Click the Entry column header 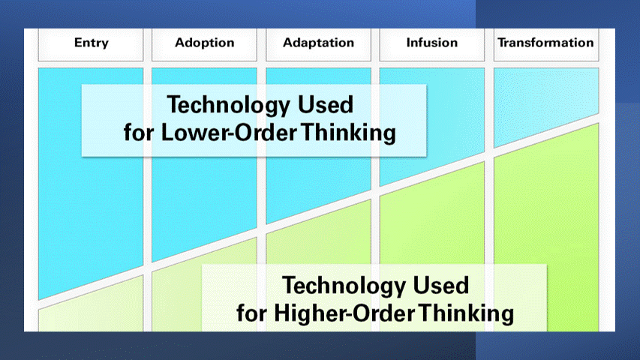pyautogui.click(x=91, y=43)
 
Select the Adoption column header pyautogui.click(x=205, y=43)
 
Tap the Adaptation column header pyautogui.click(x=318, y=43)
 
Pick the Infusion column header pyautogui.click(x=432, y=43)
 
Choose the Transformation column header pyautogui.click(x=545, y=43)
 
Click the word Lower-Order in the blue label pyautogui.click(x=229, y=132)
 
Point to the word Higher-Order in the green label pyautogui.click(x=344, y=313)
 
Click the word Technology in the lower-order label pyautogui.click(x=229, y=105)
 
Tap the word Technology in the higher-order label pyautogui.click(x=344, y=286)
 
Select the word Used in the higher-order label pyautogui.click(x=441, y=285)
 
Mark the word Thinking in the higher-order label pyautogui.click(x=467, y=314)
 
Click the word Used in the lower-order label pyautogui.click(x=326, y=104)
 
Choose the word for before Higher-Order pyautogui.click(x=251, y=313)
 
